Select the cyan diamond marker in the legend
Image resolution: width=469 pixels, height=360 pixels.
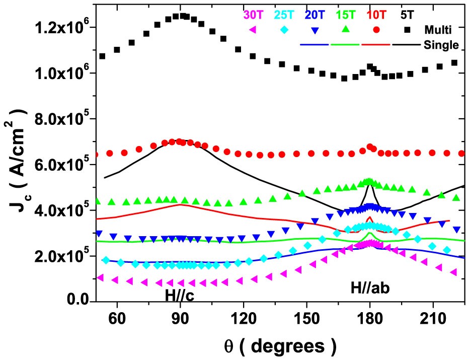285,30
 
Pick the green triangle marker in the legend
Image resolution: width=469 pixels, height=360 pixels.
346,29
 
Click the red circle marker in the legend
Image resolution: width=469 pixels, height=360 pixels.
376,30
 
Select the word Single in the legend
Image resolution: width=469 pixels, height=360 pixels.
441,45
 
